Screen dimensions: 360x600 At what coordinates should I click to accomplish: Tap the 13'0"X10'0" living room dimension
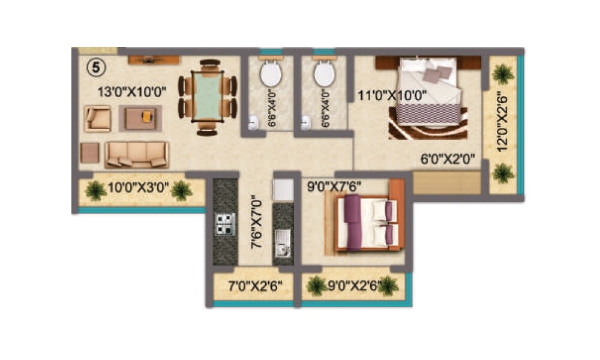pos(132,92)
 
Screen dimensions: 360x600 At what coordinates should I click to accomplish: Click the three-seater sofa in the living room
pos(136,155)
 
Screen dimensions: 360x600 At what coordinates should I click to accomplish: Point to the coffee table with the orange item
pos(140,118)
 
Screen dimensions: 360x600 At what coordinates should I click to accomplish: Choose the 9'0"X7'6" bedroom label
pos(334,187)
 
